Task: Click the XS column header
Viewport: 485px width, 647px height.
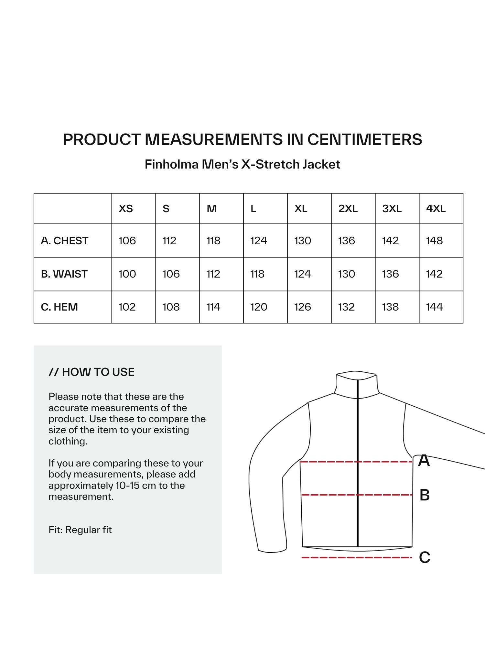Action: coord(126,209)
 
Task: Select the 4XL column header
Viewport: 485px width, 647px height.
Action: coord(436,209)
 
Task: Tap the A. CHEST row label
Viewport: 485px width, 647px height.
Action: coord(64,241)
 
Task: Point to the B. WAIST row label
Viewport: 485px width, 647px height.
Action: coord(64,274)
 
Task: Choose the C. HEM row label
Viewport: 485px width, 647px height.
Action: coord(59,307)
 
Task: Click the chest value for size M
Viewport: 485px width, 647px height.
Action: coord(213,241)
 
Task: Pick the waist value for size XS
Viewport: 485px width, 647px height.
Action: coord(127,274)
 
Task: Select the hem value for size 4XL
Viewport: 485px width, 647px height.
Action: coord(434,307)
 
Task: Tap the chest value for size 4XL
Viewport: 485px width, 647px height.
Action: coord(434,241)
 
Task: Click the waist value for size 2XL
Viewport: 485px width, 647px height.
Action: coord(346,274)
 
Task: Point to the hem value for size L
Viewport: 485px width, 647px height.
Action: coord(259,307)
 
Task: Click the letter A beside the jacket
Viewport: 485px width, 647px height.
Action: coord(424,461)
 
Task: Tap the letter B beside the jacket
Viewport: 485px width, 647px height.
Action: coord(425,495)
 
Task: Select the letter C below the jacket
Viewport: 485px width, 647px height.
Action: coord(425,557)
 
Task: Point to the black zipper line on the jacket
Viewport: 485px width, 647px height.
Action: coord(358,469)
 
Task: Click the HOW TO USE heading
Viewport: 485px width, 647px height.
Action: coord(92,372)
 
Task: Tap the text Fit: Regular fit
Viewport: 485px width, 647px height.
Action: coord(80,530)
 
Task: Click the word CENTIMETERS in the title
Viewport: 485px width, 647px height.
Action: coord(364,139)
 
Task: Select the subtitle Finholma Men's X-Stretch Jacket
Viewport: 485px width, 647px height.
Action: coord(242,164)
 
